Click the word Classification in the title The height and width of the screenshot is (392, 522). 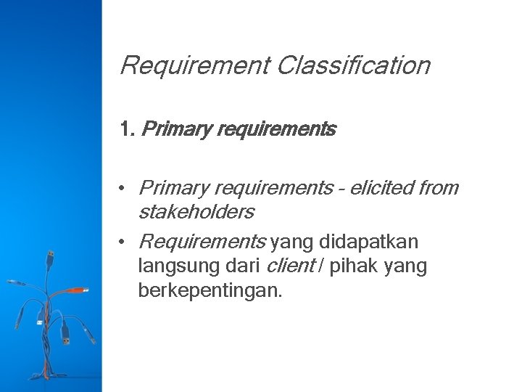click(353, 66)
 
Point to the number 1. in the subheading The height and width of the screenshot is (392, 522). click(128, 130)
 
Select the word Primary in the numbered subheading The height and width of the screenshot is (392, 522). click(167, 131)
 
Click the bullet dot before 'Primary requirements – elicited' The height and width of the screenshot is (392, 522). click(125, 188)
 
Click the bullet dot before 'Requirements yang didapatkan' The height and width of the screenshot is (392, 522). click(125, 241)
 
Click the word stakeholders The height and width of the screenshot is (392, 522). click(196, 212)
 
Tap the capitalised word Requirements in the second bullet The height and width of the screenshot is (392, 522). click(202, 241)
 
